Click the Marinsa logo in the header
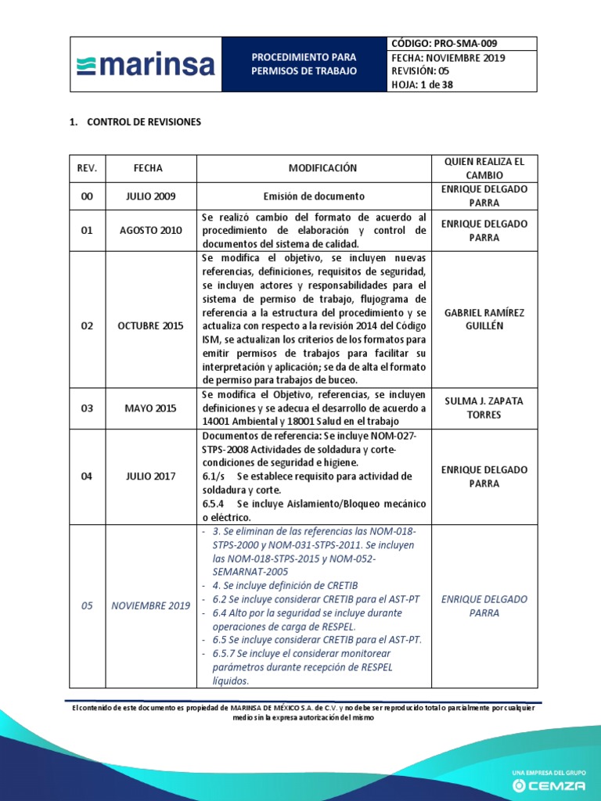[x=146, y=64]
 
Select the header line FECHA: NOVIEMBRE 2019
[x=448, y=58]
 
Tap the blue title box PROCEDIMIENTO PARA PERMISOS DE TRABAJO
[x=304, y=64]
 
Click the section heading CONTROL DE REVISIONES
[x=144, y=122]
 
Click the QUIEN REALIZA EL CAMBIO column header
[x=484, y=168]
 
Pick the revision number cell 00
[x=87, y=196]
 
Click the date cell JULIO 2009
[x=154, y=196]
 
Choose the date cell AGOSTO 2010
[x=154, y=231]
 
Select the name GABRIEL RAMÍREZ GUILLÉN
[x=484, y=319]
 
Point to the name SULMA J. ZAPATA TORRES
[x=484, y=408]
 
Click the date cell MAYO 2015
[x=154, y=408]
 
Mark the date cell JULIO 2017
[x=154, y=476]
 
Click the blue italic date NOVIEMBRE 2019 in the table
[x=151, y=606]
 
